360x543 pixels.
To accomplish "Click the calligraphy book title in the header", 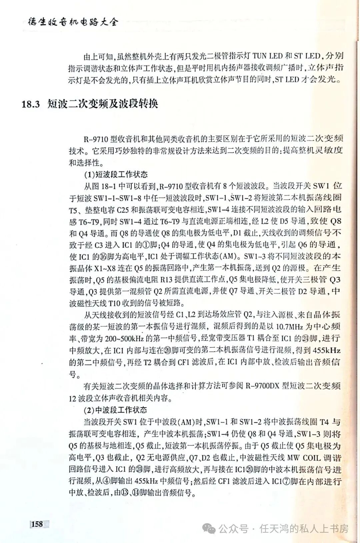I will click(73, 22).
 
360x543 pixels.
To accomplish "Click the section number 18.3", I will click(31, 104).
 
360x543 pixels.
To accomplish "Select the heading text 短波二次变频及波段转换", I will click(102, 104).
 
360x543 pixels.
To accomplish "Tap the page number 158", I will click(37, 524).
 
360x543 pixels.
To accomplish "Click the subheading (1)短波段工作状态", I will click(115, 174).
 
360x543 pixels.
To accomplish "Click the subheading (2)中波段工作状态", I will click(115, 410).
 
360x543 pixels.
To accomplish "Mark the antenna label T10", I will click(115, 303).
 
